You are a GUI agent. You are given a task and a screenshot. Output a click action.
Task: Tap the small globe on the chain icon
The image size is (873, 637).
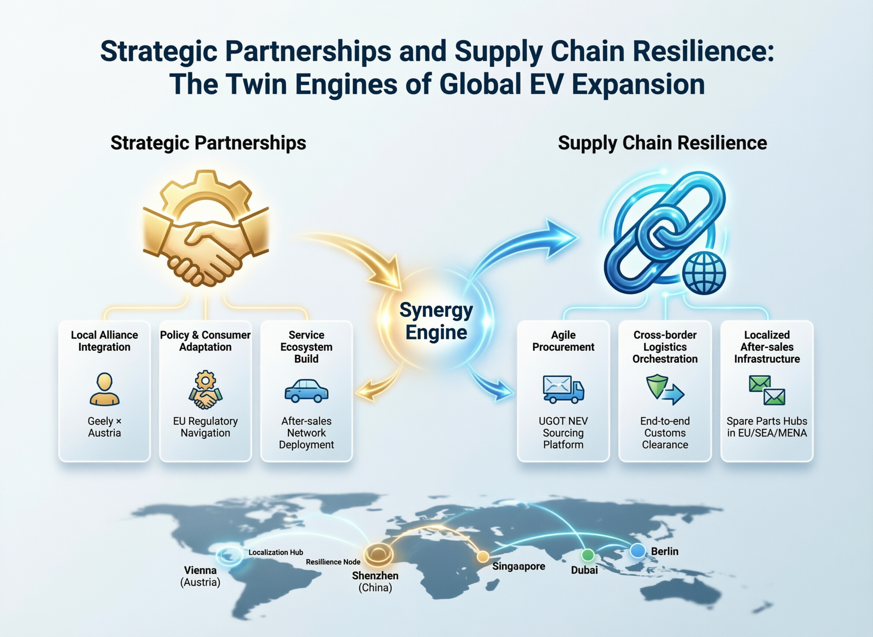(704, 274)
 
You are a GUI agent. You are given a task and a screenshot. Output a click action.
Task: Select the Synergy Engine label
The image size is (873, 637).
(436, 321)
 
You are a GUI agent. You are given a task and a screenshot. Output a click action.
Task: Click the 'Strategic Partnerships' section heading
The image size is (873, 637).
(208, 143)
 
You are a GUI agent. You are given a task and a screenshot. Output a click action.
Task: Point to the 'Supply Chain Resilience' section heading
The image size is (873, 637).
(662, 143)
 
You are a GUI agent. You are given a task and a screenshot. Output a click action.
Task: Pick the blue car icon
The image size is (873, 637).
(307, 391)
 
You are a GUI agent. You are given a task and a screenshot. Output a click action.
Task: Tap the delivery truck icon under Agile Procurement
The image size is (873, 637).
(563, 389)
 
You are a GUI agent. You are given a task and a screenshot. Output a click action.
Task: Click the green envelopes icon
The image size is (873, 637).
(767, 390)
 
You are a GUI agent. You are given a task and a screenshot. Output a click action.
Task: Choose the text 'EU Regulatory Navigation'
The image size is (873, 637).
(205, 427)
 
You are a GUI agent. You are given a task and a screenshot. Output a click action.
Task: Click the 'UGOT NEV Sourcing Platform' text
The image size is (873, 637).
(563, 433)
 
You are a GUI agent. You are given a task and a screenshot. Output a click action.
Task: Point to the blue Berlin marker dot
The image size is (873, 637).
(638, 550)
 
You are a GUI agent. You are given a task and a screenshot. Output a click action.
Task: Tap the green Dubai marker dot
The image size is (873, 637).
(588, 555)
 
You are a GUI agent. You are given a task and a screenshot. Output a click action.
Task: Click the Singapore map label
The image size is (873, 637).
(519, 567)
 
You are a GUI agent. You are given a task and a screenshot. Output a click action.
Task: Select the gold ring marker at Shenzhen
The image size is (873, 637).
(379, 554)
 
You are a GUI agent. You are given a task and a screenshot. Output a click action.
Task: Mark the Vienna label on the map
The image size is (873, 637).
(200, 570)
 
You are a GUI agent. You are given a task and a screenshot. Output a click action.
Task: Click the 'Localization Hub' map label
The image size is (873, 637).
(276, 553)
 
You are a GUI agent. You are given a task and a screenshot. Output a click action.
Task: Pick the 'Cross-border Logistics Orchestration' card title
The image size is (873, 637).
(665, 347)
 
